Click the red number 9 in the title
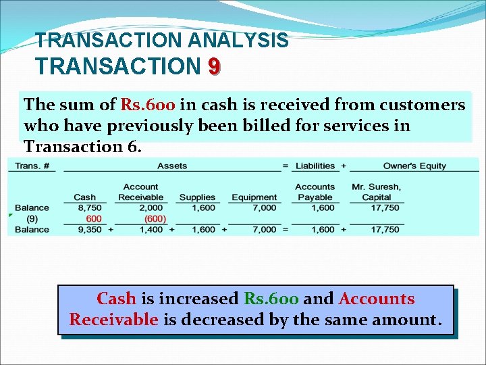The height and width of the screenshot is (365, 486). point(213,66)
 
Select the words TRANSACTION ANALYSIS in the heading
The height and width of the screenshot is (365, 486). point(162,41)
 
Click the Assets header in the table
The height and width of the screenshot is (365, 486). point(172,166)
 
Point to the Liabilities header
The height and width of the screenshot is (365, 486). point(315,166)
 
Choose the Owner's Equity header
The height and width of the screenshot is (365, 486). point(414,166)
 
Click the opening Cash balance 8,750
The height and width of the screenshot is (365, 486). point(89,208)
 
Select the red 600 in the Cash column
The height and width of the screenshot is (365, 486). point(94,218)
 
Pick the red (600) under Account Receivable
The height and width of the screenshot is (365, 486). point(155,218)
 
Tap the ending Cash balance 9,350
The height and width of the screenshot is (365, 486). point(89,230)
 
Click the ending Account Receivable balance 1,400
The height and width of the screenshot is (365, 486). point(151,230)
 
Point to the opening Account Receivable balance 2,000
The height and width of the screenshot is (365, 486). point(151,208)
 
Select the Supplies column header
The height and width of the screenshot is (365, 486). point(197,197)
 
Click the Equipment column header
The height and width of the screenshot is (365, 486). point(254,197)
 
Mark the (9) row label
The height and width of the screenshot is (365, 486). point(32,218)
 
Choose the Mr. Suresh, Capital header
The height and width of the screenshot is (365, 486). point(376,192)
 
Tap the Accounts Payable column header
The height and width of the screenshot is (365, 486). point(315,192)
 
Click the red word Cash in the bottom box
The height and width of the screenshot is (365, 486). point(116,299)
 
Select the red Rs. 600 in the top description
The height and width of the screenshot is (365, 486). point(148,105)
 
